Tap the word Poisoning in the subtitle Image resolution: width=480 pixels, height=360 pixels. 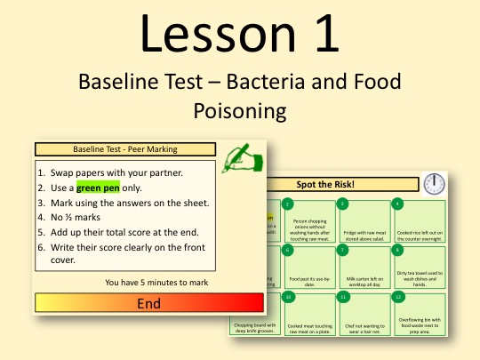click(239, 110)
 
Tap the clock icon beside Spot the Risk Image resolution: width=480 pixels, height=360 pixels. click(435, 184)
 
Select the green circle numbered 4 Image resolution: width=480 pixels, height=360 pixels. click(397, 204)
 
